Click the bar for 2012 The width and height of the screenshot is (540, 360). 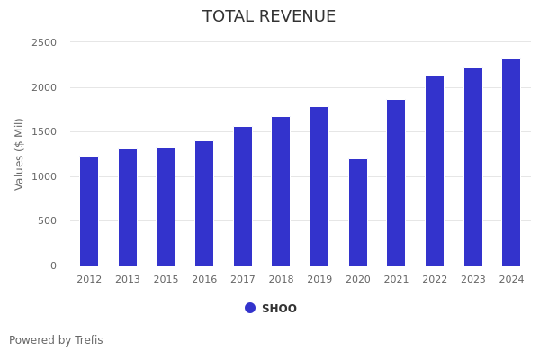coord(89,211)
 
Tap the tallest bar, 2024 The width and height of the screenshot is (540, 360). coord(511,163)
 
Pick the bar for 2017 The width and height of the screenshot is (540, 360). coord(243,196)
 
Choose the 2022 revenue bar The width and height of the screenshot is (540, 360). coord(435,171)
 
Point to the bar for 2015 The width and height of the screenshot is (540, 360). coord(166,207)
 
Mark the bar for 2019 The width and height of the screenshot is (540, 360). coord(319,186)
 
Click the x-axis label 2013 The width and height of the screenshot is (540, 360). coord(128,280)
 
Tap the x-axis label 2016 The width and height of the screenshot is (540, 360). coord(204,280)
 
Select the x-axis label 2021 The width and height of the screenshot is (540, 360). coord(396,280)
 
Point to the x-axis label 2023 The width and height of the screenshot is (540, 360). coord(473,280)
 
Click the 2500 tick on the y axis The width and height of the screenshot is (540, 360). coord(44,43)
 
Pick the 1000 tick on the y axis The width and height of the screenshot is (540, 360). coord(44,177)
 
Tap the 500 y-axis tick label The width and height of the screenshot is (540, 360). coord(47,221)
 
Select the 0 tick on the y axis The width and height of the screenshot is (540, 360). coord(53,266)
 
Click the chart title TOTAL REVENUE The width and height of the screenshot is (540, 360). coord(269,17)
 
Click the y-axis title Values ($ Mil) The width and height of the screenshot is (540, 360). coord(20,154)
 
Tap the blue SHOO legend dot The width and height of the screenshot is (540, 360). coord(250,308)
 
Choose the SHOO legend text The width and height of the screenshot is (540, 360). coord(279,309)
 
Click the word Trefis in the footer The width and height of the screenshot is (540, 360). coord(88,340)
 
